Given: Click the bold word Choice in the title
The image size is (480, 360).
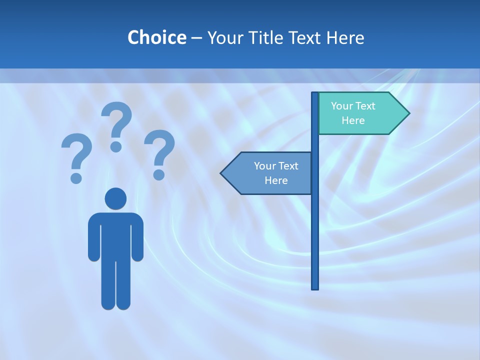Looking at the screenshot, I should tap(156, 37).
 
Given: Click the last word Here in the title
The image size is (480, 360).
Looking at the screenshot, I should tap(347, 37).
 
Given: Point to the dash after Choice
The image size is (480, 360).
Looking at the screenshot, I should tap(196, 38).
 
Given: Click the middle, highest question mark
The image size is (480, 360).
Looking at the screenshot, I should tap(116, 125).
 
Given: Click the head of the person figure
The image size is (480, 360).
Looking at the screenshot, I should tap(115, 198).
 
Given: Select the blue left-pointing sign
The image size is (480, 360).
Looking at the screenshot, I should tap(272, 173).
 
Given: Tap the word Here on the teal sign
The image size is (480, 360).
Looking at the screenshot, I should tap(353, 120).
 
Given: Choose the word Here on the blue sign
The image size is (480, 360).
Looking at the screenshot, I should tap(276, 180).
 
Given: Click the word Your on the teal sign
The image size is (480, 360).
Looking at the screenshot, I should tap(342, 106).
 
